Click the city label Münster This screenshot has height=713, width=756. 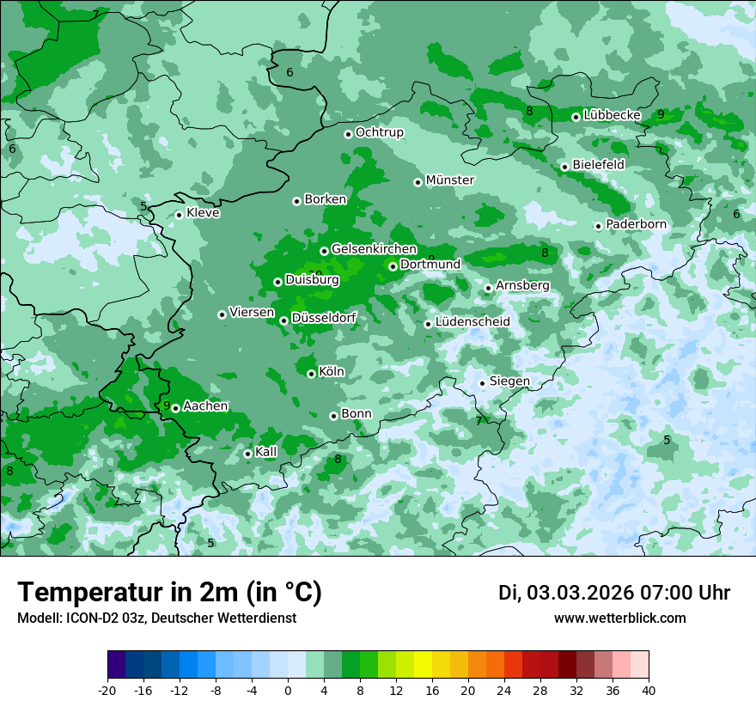point(449,180)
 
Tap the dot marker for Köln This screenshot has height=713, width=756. point(311,374)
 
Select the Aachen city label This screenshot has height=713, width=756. point(205,406)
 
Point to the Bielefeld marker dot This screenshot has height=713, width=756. point(564,167)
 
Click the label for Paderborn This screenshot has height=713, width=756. point(636,224)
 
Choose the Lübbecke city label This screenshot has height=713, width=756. point(612,115)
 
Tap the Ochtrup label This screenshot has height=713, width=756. point(379,132)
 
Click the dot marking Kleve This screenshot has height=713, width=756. point(179,215)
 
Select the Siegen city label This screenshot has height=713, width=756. point(509,381)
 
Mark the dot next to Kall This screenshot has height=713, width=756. point(247,454)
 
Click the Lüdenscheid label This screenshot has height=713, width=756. point(472,322)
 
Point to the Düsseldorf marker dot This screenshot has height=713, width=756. point(283,320)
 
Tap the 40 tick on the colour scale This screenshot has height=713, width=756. point(649,690)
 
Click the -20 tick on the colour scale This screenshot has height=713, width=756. point(107,690)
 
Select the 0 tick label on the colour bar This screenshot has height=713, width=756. point(288,690)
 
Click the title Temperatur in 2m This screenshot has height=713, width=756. point(169,592)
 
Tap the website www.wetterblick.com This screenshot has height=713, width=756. point(619,618)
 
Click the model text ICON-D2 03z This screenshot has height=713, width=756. point(105,618)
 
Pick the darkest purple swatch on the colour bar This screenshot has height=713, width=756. point(116,665)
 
